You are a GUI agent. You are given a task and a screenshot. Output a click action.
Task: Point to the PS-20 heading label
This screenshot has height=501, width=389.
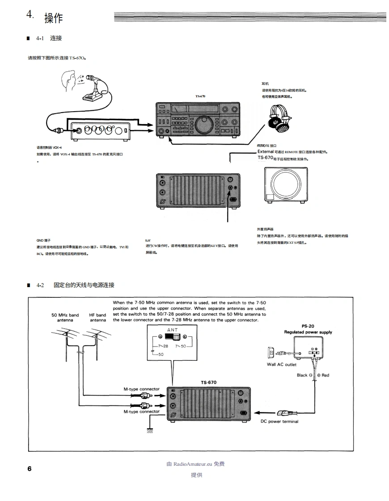tap(308, 326)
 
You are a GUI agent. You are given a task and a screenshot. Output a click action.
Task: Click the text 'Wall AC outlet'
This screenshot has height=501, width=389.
tap(282, 364)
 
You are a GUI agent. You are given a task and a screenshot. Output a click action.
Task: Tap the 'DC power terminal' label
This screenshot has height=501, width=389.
tap(280, 421)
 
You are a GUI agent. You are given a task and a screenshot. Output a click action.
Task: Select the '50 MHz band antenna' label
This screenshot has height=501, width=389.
tap(65, 317)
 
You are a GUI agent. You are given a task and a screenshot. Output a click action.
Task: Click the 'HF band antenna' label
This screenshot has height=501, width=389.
tap(97, 317)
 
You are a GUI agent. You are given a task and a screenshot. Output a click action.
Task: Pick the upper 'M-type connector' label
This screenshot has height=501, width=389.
tap(141, 389)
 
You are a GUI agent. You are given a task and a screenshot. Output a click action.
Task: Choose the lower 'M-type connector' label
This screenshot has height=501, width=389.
tap(141, 412)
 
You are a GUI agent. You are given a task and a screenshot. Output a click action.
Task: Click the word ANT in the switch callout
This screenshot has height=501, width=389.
tap(172, 330)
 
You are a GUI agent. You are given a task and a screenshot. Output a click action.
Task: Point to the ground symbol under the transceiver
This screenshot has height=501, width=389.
tap(149, 430)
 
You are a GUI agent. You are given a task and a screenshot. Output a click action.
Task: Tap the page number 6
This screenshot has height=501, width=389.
tap(30, 468)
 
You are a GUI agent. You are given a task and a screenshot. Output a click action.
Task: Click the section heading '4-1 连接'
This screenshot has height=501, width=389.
tap(49, 38)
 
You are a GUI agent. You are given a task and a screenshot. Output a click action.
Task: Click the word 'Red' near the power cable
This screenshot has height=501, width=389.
tap(325, 375)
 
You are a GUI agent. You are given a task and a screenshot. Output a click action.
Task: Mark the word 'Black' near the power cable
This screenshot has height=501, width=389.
tap(302, 375)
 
